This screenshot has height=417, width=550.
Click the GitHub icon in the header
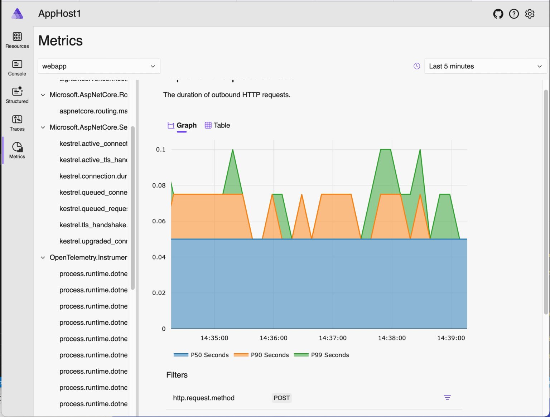click(498, 14)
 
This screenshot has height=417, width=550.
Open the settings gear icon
click(530, 14)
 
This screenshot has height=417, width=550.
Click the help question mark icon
click(514, 14)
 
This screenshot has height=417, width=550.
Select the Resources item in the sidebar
click(17, 40)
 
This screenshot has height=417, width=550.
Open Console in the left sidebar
click(17, 68)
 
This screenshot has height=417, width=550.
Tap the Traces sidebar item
click(17, 123)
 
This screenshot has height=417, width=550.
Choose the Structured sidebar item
click(17, 95)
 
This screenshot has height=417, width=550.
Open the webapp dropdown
click(99, 66)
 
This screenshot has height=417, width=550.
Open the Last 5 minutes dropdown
click(485, 66)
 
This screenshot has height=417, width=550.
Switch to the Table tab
click(217, 125)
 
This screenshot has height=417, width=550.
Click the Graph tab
click(182, 125)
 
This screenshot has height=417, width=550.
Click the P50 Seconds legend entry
click(201, 355)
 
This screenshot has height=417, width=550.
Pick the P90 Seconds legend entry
click(261, 355)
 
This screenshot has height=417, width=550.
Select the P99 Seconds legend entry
click(322, 355)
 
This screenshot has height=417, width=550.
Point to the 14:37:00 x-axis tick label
click(333, 338)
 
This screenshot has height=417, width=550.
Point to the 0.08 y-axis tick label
click(159, 185)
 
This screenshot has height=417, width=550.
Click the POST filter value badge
click(281, 398)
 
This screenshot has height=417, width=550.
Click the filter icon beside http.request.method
click(447, 398)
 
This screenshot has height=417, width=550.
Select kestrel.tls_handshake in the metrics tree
click(93, 225)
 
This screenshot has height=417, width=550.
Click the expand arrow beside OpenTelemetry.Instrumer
click(43, 257)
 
